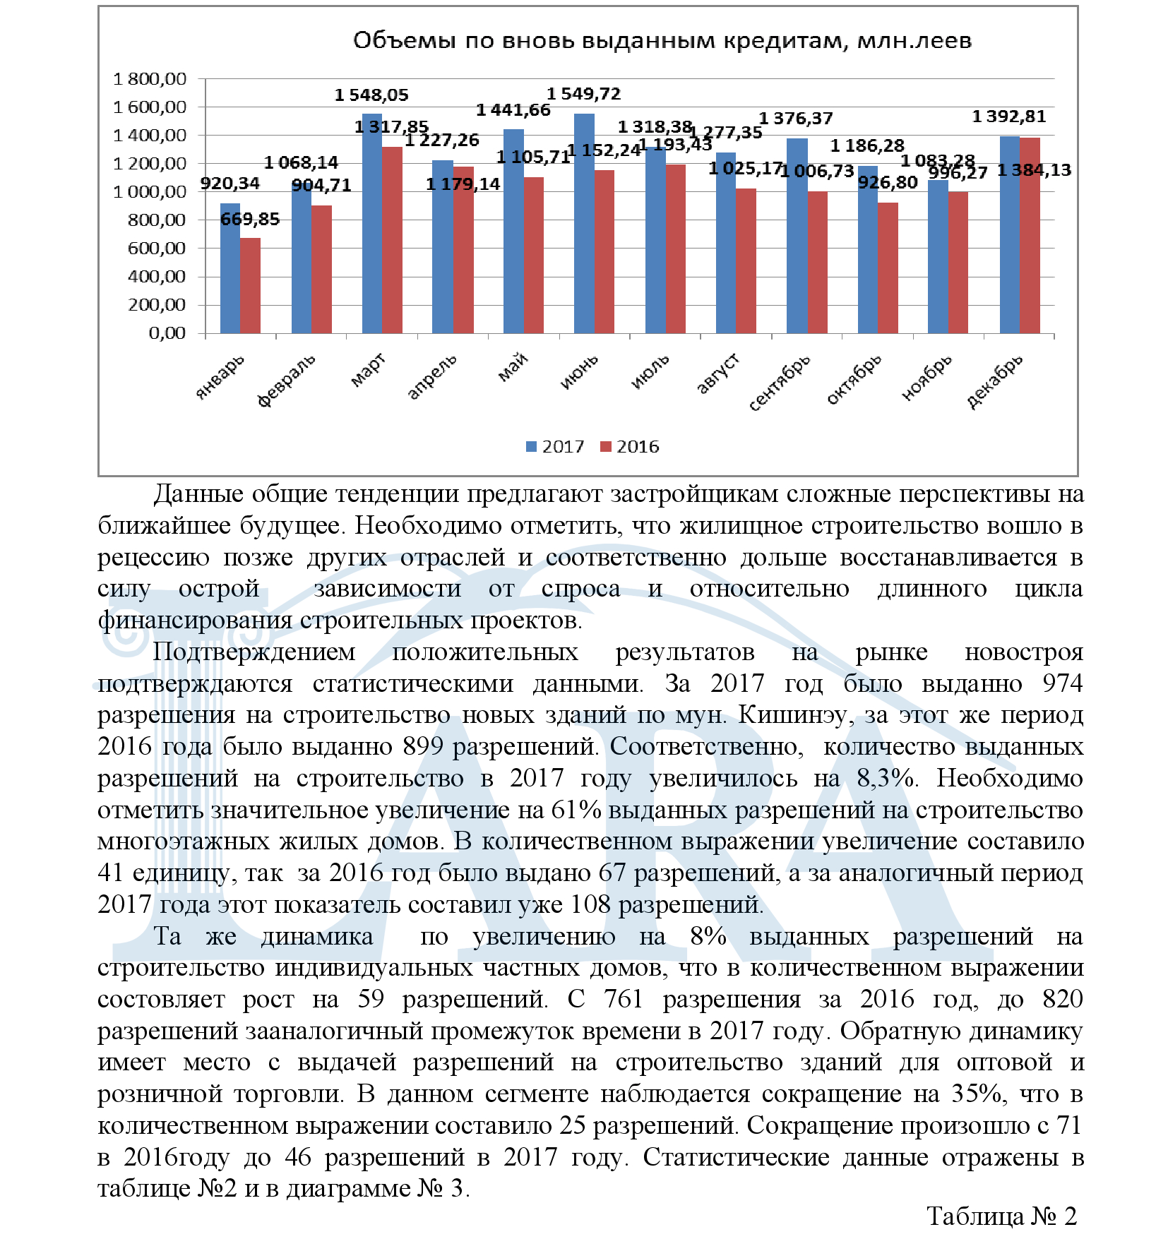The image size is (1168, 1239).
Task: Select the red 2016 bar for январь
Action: coord(250,285)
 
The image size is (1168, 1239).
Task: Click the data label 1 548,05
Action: coord(371,95)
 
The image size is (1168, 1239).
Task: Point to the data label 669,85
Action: coord(250,220)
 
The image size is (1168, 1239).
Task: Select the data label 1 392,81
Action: coord(1008,116)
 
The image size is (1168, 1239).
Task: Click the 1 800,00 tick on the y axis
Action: coord(150,79)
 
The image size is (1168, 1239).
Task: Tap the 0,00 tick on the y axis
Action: coord(167,333)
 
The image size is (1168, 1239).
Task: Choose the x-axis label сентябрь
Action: coord(780,383)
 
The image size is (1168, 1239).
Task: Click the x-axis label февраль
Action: coord(286,381)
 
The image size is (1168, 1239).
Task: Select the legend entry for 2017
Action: coord(555,447)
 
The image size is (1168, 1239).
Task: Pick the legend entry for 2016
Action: coord(629,447)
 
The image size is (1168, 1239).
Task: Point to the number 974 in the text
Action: coord(1062,683)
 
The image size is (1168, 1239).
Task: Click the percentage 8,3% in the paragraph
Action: coord(886,778)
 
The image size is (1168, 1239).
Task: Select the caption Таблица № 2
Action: coord(1001,1216)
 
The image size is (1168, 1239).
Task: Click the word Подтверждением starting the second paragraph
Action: coord(254,652)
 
